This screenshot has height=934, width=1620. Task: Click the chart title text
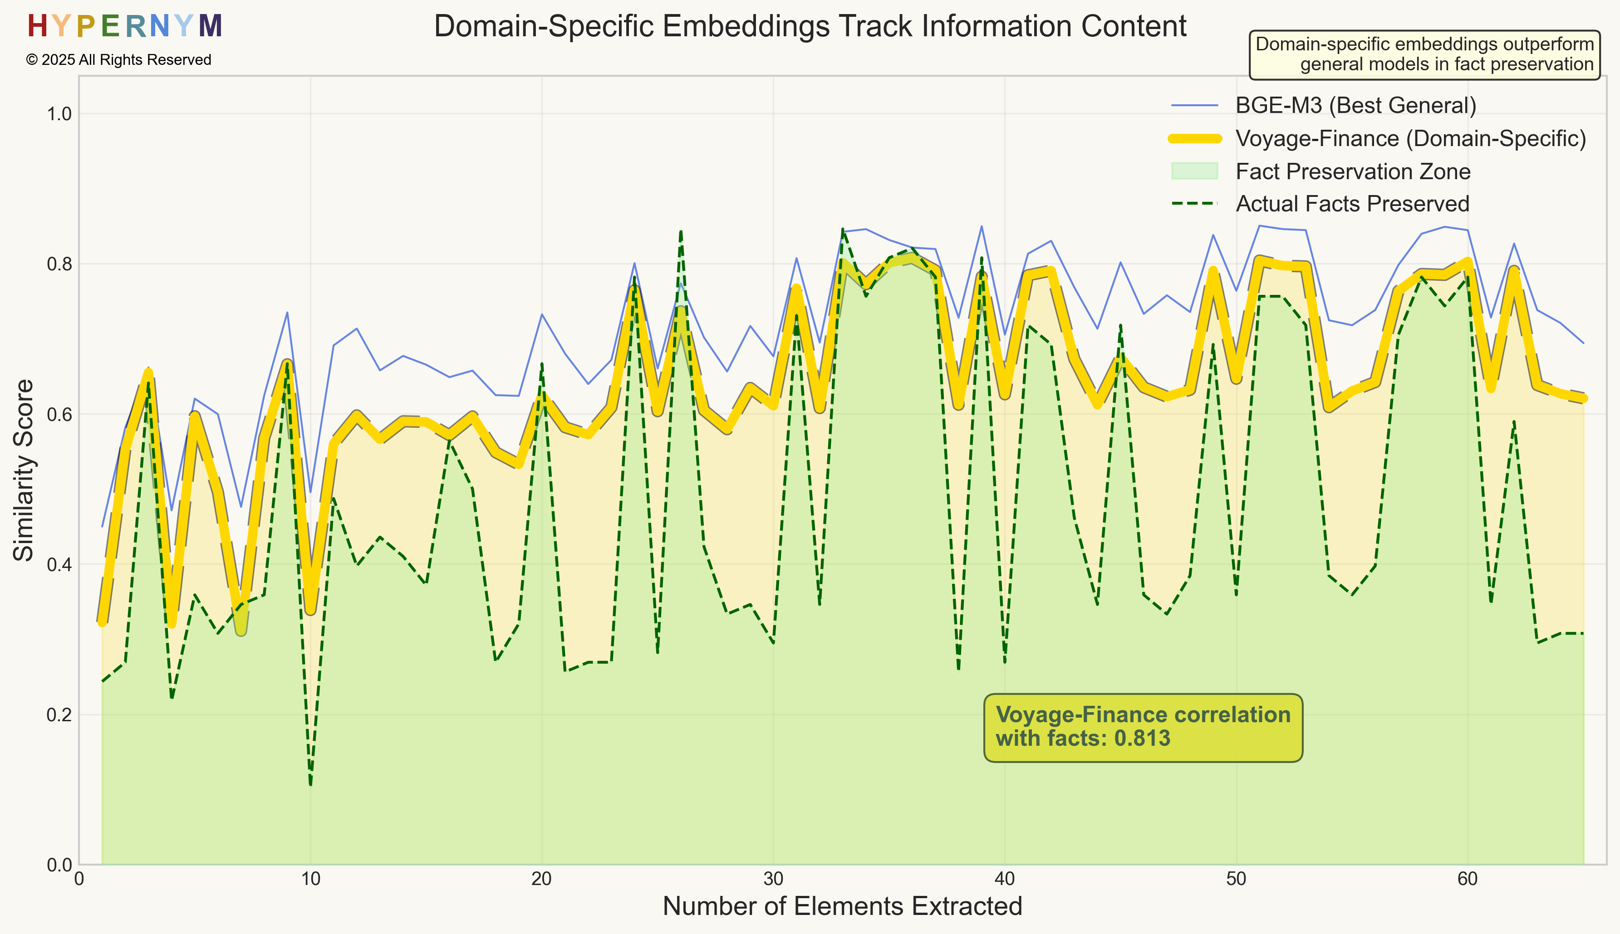(x=810, y=27)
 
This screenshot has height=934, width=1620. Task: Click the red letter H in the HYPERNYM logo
(x=37, y=27)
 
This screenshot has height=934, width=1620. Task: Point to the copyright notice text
(x=119, y=60)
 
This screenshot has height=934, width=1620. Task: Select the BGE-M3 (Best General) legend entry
(x=1355, y=105)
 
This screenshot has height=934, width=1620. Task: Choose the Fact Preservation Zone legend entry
(x=1352, y=171)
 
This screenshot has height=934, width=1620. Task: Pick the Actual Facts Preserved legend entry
(x=1352, y=204)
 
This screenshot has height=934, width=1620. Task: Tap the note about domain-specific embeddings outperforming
(x=1424, y=54)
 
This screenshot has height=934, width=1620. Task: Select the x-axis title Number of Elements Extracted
(x=842, y=906)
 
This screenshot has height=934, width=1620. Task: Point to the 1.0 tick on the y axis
(x=59, y=114)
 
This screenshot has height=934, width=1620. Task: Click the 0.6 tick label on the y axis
(x=59, y=415)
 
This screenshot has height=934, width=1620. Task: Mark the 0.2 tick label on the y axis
(x=59, y=714)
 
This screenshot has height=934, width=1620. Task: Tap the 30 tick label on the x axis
(x=773, y=879)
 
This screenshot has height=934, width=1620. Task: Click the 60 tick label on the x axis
(x=1468, y=879)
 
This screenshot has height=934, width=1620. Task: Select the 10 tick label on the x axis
(x=310, y=879)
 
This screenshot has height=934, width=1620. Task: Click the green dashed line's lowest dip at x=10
(x=310, y=784)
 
